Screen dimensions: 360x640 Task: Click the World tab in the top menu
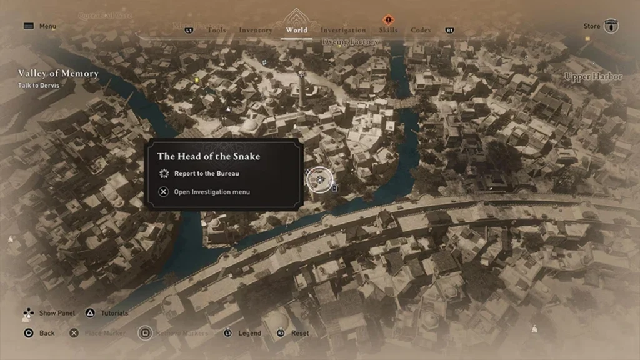tap(296, 30)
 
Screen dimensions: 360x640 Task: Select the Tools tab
tap(216, 30)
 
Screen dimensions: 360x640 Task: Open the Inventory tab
tap(255, 30)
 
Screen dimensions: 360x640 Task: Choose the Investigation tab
tap(343, 30)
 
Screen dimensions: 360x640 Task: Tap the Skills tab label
tap(388, 30)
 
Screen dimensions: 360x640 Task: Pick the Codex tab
tap(421, 30)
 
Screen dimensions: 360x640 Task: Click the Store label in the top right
tap(591, 26)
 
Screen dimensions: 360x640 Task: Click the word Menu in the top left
tap(47, 26)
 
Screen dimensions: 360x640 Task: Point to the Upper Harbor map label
tap(593, 77)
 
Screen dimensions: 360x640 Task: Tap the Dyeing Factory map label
tap(350, 42)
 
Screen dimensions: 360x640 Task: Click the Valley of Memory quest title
tap(58, 74)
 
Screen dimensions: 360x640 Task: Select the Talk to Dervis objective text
tap(38, 85)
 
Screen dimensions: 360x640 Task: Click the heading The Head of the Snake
tap(208, 156)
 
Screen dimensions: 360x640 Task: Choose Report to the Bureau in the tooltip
tap(207, 173)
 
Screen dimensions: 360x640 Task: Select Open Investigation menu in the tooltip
tap(212, 192)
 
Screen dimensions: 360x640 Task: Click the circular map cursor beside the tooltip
tap(319, 179)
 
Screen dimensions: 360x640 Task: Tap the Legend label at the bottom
tap(249, 333)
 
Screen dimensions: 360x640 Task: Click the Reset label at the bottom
tap(300, 333)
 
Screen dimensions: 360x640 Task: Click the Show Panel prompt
tap(57, 313)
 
